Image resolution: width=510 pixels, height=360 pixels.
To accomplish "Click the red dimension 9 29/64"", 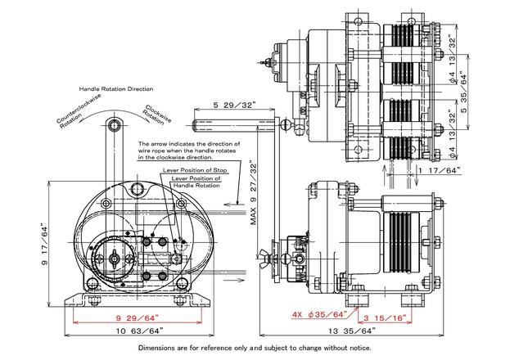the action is [x=138, y=317].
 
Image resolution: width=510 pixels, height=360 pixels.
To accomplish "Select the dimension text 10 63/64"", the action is [x=139, y=331].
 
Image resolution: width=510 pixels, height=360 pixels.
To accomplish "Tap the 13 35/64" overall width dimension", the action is [x=352, y=331].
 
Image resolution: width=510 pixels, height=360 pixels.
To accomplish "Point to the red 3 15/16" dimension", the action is [x=385, y=317].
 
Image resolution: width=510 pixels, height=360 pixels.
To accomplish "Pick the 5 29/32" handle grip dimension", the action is [x=234, y=105].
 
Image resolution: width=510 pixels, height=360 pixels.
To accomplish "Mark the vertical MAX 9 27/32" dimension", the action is [x=254, y=192].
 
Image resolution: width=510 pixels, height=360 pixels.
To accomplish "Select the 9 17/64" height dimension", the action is [x=44, y=244].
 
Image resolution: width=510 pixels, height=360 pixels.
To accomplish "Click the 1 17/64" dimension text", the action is [x=439, y=170].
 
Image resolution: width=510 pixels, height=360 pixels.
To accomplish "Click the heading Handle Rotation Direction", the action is [x=116, y=89].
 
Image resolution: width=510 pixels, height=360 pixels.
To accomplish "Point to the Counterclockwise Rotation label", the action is [x=79, y=111].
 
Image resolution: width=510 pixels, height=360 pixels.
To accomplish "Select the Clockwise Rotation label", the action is [x=156, y=115].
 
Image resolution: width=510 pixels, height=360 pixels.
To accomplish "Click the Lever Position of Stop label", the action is [x=195, y=170].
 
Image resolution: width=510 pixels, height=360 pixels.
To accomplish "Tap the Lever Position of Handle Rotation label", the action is [x=196, y=182].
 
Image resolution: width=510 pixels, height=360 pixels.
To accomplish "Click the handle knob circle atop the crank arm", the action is [x=114, y=125].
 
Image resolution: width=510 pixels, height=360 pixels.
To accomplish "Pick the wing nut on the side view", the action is [x=264, y=259].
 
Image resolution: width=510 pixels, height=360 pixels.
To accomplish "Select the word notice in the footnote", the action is [x=361, y=348].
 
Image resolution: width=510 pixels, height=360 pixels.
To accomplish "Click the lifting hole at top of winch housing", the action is [x=138, y=189].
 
